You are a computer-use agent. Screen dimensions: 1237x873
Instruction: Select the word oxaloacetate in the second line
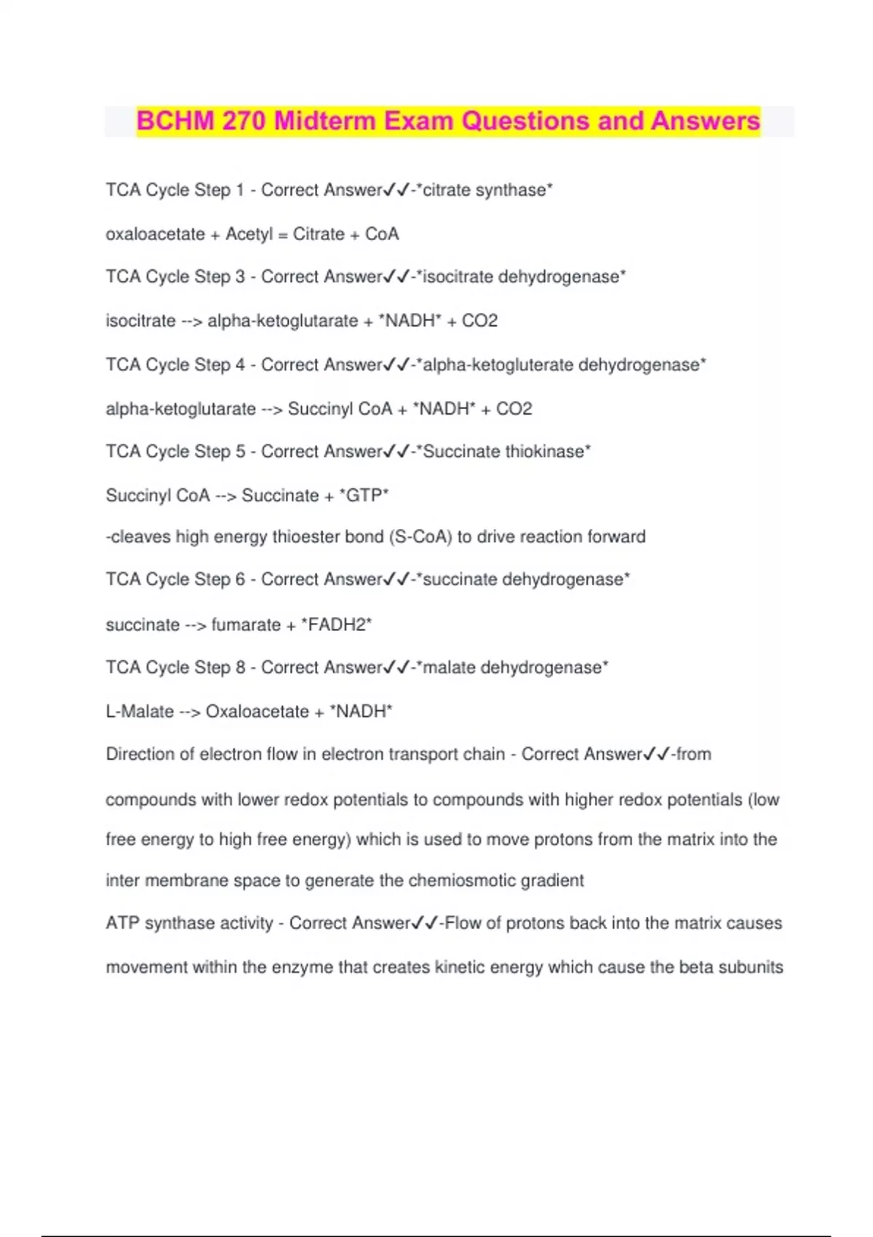click(x=155, y=234)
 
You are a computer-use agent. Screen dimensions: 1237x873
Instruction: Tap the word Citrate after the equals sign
click(x=319, y=234)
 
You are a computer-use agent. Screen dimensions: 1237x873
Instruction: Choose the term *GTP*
click(x=364, y=496)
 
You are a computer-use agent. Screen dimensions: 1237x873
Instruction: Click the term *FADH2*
click(x=336, y=625)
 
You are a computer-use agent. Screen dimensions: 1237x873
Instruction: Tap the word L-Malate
click(x=140, y=712)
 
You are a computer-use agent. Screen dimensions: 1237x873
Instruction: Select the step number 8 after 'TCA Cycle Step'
click(x=240, y=668)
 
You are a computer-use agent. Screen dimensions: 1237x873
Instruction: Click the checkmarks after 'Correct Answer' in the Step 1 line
click(x=396, y=191)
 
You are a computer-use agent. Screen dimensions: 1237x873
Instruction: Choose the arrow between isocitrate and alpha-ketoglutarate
click(x=191, y=322)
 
